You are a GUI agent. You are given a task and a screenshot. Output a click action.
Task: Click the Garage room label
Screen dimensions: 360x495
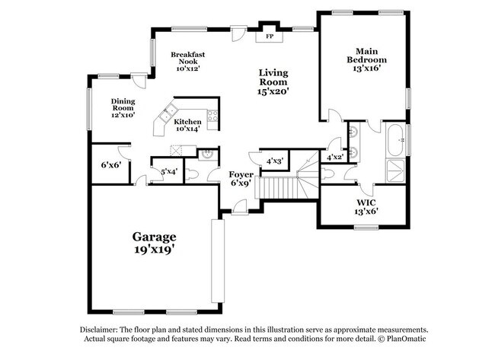tap(155, 236)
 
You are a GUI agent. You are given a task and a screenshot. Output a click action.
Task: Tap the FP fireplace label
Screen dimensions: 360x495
tap(269, 36)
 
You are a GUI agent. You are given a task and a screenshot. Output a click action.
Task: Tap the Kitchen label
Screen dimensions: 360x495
tap(187, 122)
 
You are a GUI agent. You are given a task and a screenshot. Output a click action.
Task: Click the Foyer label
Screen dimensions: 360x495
tap(241, 173)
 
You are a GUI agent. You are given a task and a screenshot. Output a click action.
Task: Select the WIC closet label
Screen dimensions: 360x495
tap(367, 202)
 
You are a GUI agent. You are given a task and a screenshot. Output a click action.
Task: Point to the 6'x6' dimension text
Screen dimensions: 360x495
tap(111, 164)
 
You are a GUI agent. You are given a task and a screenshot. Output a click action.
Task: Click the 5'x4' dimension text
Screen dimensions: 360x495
tap(169, 171)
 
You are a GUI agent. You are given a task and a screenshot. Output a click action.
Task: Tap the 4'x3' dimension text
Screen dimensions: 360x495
tap(274, 161)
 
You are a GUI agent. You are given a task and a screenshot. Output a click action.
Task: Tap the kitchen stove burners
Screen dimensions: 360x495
tap(212, 116)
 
